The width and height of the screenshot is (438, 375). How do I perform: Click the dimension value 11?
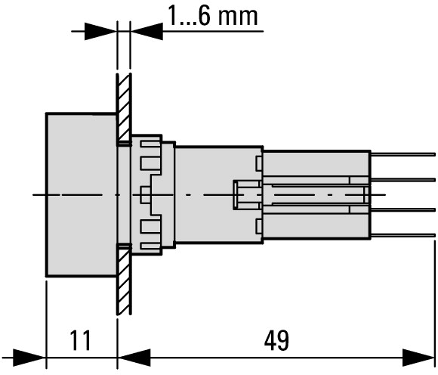(x=80, y=340)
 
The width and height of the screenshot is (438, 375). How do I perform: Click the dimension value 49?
(x=276, y=340)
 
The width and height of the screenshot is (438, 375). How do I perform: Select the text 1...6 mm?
(x=212, y=15)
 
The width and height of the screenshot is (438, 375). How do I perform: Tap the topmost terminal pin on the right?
(x=403, y=154)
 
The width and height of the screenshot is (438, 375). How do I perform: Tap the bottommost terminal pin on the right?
(x=403, y=235)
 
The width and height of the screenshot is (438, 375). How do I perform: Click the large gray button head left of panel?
(x=82, y=195)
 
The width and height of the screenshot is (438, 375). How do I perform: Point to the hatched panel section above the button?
(x=124, y=110)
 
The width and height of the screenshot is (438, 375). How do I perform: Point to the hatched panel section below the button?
(x=124, y=279)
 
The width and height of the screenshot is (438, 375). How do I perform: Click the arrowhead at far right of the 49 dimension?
(x=418, y=358)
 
